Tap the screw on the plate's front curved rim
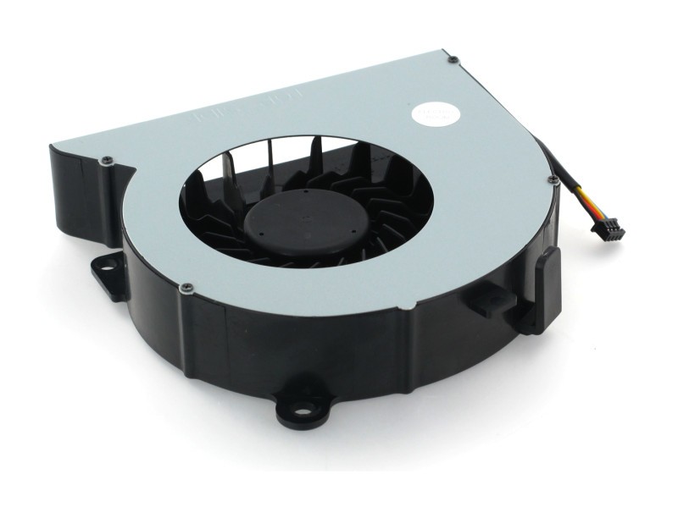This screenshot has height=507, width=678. click(184, 289)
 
